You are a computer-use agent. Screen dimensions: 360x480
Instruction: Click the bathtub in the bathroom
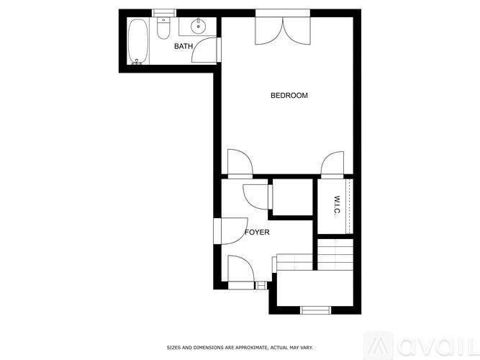coord(138,42)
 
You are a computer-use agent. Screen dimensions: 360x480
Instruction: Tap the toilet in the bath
coord(163,30)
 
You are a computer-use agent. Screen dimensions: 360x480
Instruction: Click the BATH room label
coord(184,47)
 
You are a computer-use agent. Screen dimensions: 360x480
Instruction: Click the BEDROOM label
coord(289,96)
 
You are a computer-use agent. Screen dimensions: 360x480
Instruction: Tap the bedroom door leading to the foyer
coord(238,163)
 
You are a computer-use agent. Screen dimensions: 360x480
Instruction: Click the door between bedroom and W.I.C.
coord(332,164)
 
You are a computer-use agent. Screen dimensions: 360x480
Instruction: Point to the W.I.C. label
coord(336,204)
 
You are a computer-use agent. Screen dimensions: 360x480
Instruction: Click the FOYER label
coord(257,233)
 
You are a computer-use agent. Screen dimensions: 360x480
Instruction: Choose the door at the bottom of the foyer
coord(240,270)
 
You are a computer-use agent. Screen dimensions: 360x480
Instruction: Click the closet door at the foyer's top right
coord(258,195)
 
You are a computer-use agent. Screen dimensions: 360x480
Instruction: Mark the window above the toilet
coord(163,12)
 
